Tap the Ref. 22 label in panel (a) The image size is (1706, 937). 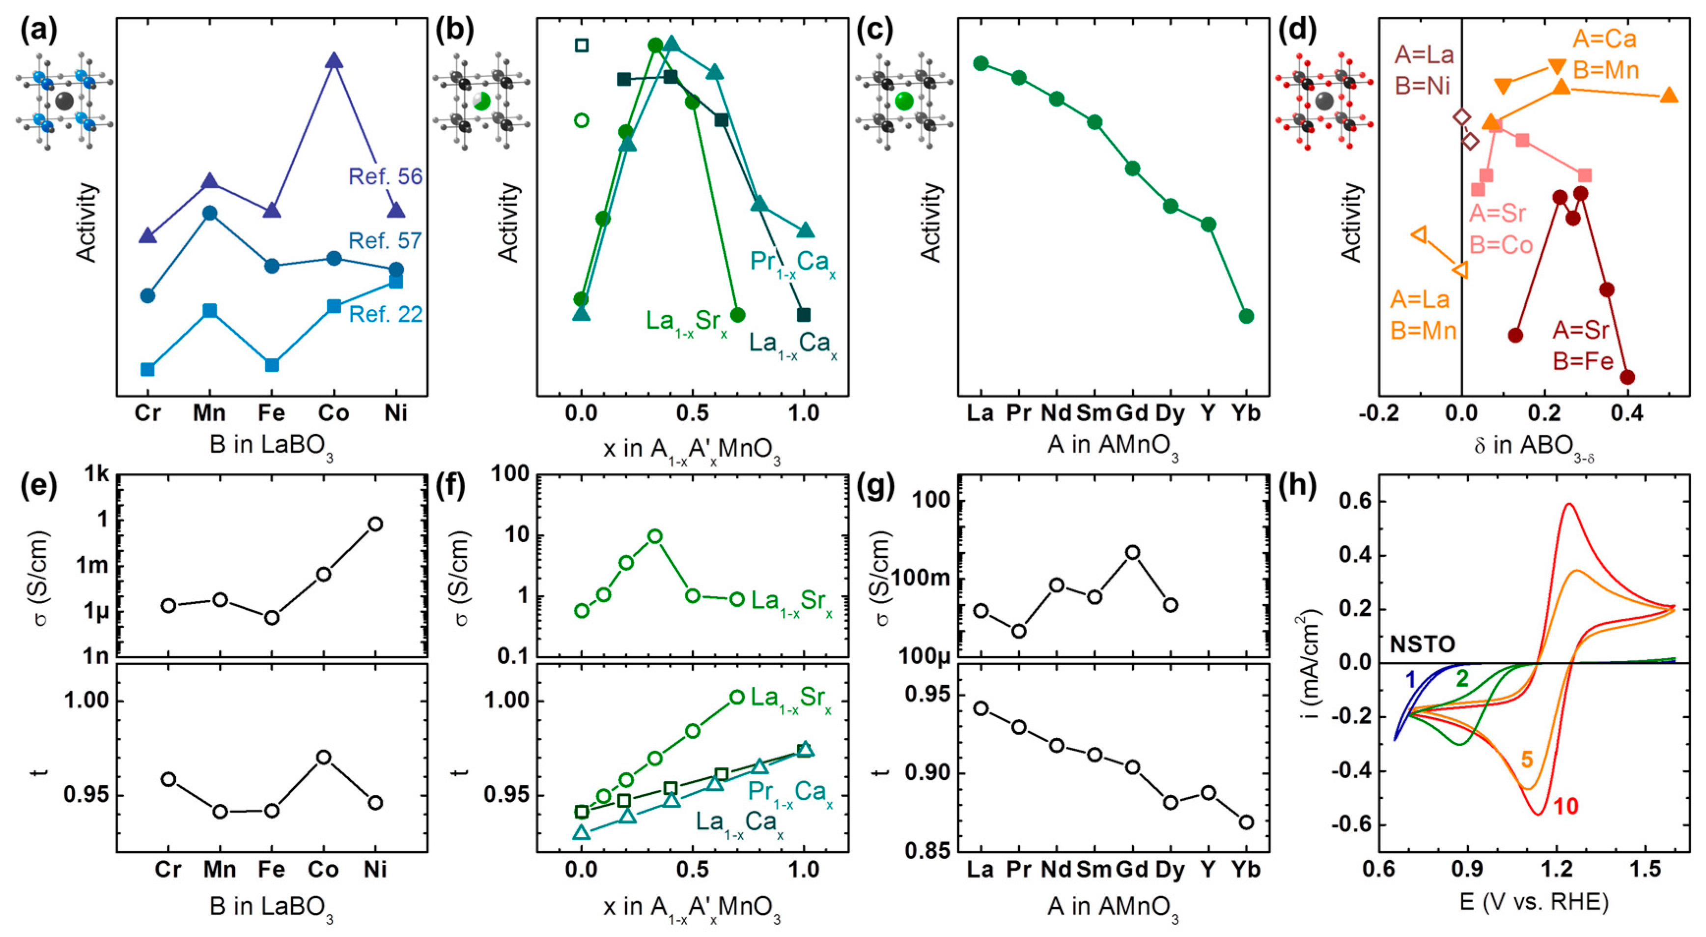[386, 314]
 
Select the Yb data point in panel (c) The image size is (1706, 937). [1246, 316]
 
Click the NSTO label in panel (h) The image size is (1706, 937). [1422, 644]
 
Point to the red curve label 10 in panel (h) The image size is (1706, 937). [1565, 806]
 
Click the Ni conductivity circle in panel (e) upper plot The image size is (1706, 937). [375, 524]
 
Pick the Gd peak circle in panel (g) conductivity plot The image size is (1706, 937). [1132, 553]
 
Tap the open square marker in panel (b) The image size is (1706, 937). [582, 46]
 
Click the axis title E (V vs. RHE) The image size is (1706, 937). [1533, 902]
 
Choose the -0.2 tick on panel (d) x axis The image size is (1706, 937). [1379, 413]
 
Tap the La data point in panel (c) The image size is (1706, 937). [981, 63]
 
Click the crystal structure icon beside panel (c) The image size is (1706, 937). [904, 101]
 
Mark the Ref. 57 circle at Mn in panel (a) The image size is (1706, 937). [210, 213]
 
